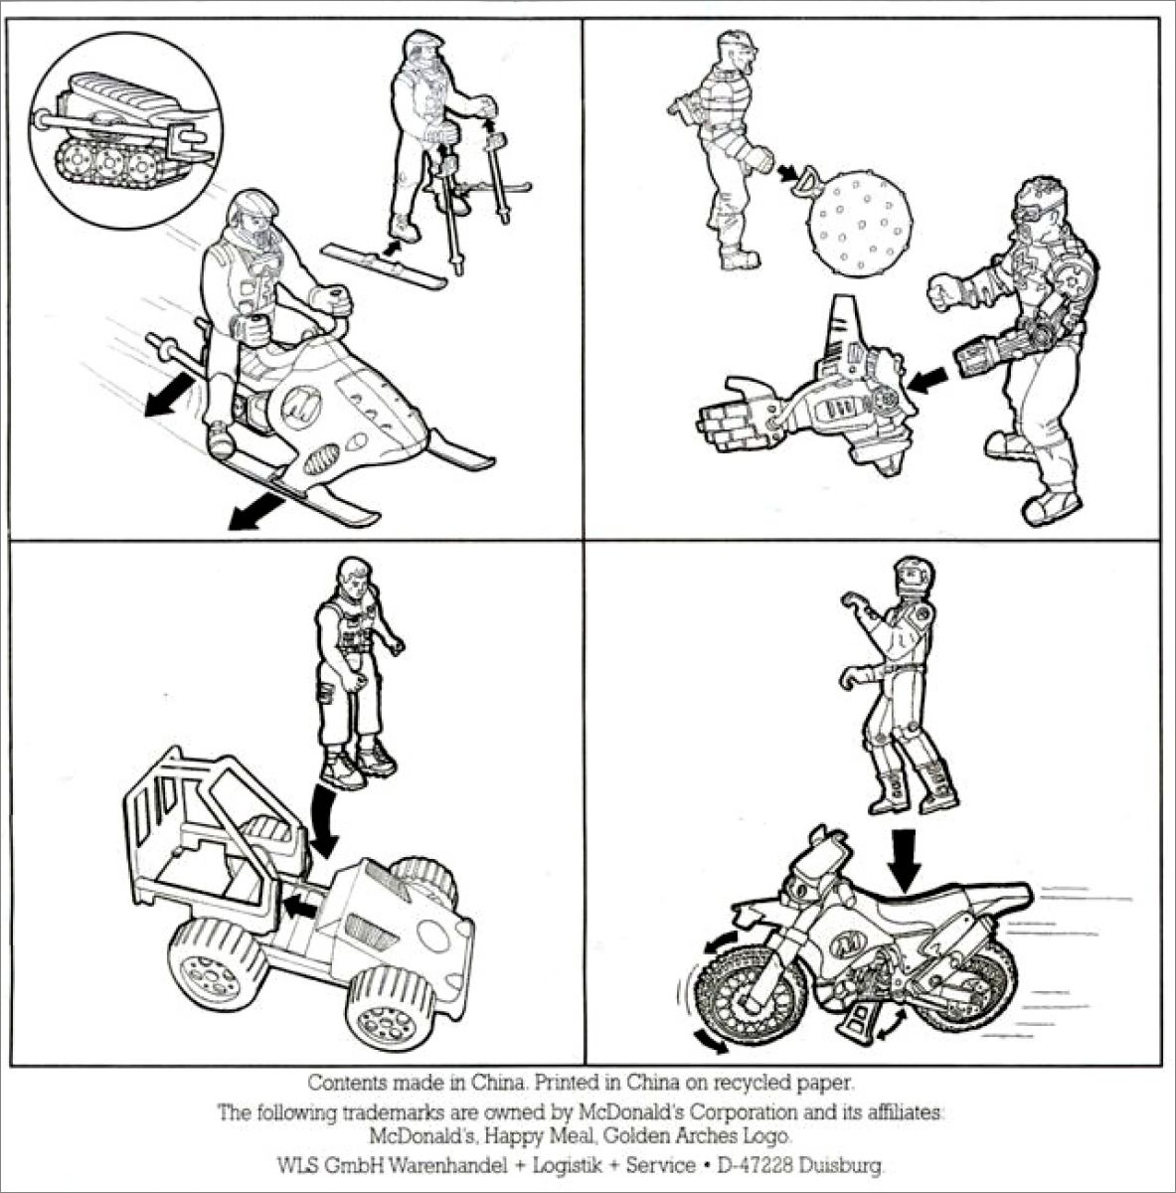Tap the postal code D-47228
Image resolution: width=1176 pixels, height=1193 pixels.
click(754, 1165)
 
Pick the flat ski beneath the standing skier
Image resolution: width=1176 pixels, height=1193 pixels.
click(384, 266)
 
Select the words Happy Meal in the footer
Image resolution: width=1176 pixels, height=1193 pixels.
click(538, 1136)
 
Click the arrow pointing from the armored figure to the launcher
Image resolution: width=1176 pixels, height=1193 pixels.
click(927, 379)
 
